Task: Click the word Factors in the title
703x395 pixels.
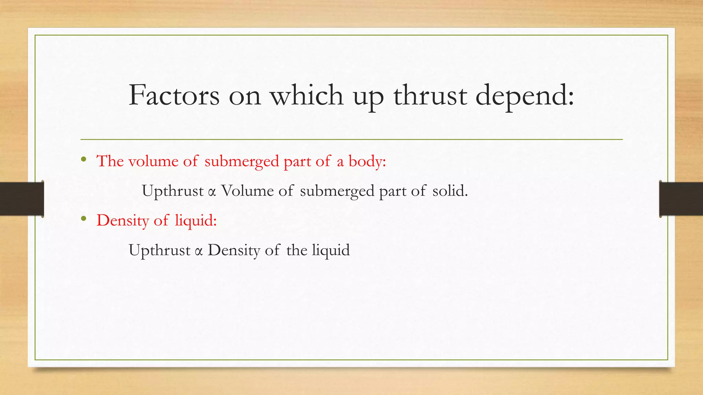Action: click(174, 95)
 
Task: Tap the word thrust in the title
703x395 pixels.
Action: click(430, 95)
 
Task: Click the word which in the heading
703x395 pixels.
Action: click(307, 95)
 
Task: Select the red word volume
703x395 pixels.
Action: click(153, 161)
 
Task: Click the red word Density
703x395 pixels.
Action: click(123, 220)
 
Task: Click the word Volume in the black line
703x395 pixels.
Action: click(247, 191)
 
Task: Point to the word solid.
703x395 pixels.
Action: click(450, 191)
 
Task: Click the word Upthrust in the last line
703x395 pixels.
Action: click(159, 250)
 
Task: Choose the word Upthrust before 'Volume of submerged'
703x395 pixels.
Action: click(173, 191)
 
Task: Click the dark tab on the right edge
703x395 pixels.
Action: click(681, 199)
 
